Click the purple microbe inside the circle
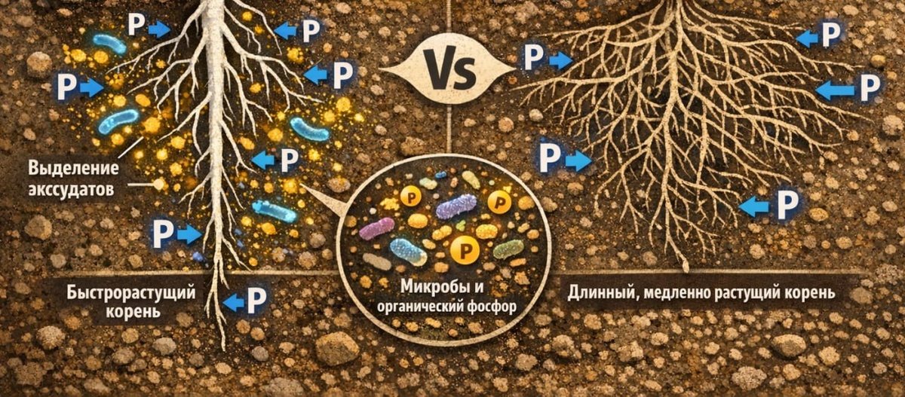tap(456, 206)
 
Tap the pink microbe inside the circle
tap(376, 228)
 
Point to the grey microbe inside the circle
tap(376, 261)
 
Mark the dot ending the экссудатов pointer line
tap(158, 183)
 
